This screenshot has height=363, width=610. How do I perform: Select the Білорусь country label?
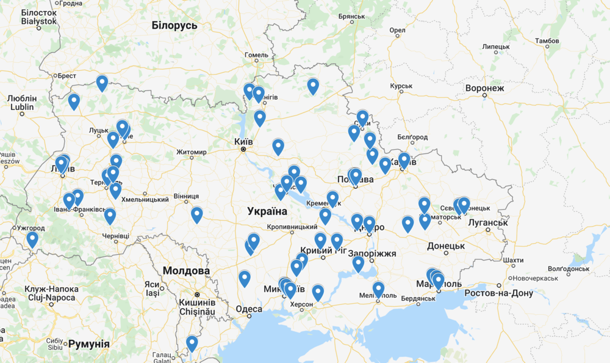point(174,25)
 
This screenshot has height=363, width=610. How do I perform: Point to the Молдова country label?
point(186,271)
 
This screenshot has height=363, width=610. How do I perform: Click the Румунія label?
point(89,344)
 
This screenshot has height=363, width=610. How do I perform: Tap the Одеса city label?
point(248,309)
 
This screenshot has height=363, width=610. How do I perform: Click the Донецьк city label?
point(446,246)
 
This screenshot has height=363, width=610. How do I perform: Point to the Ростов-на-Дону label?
point(498,293)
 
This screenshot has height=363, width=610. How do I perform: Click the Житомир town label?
point(192,152)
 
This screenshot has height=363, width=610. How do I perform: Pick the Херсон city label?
point(301,304)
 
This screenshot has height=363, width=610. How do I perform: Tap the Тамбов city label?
point(547,41)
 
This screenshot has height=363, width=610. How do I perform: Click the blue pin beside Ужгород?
point(32,239)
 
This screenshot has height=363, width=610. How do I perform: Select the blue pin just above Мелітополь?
point(378,288)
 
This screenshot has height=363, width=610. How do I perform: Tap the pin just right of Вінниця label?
point(196,215)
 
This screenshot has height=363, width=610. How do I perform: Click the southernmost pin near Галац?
point(192,343)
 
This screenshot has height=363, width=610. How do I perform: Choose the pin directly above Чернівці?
point(110,216)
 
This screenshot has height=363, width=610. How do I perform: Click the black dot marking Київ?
point(243,149)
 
